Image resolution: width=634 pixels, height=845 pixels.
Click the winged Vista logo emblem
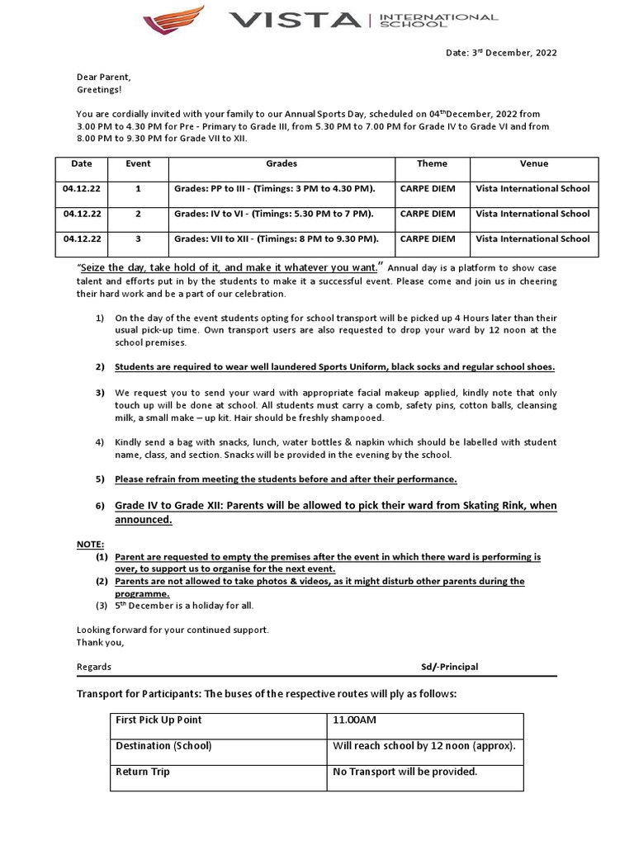tap(173, 20)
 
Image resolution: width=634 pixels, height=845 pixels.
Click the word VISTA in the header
tap(295, 21)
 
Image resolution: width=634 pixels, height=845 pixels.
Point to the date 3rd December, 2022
tap(501, 53)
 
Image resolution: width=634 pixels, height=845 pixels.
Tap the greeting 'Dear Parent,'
tap(103, 77)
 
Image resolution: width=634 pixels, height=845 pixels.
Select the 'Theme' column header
tap(432, 163)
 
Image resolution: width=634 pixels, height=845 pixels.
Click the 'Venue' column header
tap(533, 163)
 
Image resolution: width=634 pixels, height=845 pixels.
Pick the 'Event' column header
tap(138, 163)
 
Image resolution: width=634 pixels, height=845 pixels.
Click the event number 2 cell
tap(138, 214)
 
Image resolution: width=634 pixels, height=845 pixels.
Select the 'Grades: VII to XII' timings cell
tap(276, 239)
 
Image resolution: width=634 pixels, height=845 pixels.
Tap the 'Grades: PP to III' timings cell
tap(274, 188)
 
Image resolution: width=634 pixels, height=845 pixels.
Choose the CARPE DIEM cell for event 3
tap(427, 239)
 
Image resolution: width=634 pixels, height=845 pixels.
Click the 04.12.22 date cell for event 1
tap(82, 188)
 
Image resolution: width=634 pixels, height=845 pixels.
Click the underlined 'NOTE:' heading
tap(90, 545)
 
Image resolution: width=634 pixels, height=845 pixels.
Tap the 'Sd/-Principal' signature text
tap(449, 667)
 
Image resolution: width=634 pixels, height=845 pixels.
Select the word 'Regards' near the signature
tap(93, 667)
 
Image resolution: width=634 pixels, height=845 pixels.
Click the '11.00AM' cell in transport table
tap(354, 720)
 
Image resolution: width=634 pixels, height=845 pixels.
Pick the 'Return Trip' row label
tap(143, 772)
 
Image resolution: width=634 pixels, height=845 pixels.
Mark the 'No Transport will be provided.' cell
tap(405, 772)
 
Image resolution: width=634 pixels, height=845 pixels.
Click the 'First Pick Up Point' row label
tap(158, 720)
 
